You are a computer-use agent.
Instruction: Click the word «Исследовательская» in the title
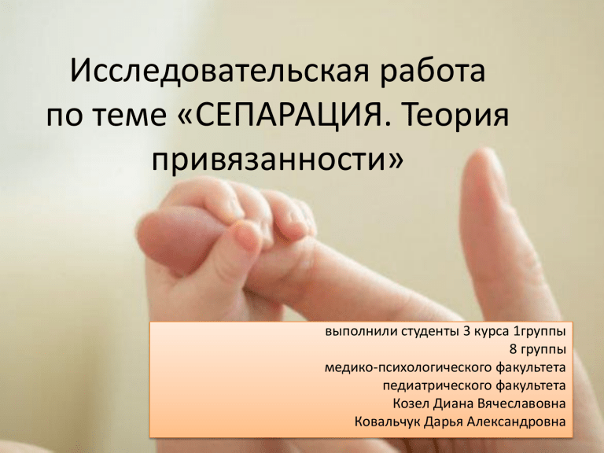(219, 72)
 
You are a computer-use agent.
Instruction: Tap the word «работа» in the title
(432, 71)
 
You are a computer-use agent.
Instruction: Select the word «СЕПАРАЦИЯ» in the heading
(286, 115)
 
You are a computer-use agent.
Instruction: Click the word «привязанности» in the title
(269, 160)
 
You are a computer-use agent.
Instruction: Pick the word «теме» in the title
(132, 116)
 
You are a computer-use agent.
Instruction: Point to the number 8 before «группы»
(513, 349)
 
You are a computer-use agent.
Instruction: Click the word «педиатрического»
(437, 385)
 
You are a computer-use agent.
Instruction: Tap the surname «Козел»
(411, 403)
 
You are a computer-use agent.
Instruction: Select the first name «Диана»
(453, 403)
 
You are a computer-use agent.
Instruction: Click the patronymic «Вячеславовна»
(521, 403)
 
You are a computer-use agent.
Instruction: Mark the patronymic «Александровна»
(516, 422)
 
